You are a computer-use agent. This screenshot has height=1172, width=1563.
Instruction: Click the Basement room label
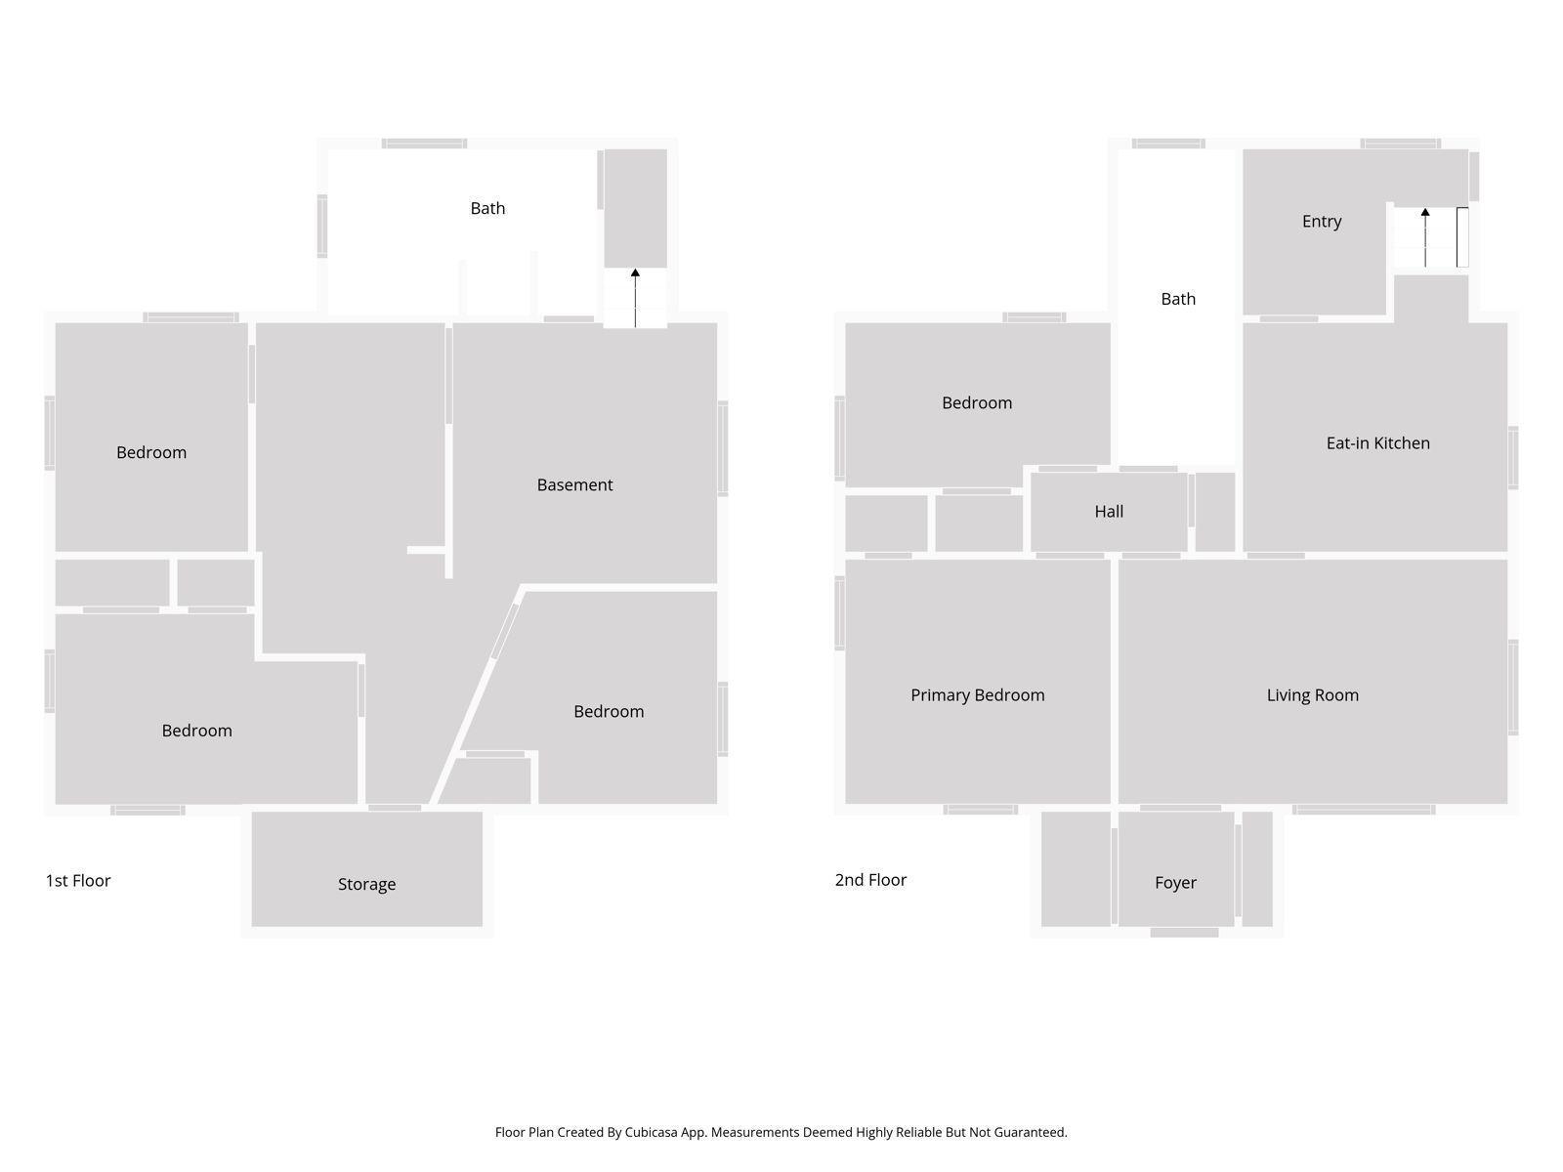pyautogui.click(x=574, y=484)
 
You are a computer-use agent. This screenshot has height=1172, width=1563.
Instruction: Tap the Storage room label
pyautogui.click(x=366, y=884)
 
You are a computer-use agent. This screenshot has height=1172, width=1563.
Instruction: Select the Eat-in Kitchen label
pyautogui.click(x=1377, y=442)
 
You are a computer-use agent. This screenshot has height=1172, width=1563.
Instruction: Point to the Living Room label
pyautogui.click(x=1312, y=694)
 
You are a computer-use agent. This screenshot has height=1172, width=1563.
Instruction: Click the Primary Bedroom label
pyautogui.click(x=977, y=694)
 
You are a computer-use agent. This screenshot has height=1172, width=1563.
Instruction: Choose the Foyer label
pyautogui.click(x=1175, y=882)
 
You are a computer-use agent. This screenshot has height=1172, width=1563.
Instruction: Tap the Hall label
pyautogui.click(x=1109, y=511)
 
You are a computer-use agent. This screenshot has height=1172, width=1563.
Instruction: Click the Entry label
pyautogui.click(x=1321, y=221)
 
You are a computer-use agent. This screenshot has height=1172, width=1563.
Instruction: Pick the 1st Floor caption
pyautogui.click(x=78, y=880)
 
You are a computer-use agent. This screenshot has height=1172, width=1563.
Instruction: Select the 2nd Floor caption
pyautogui.click(x=870, y=879)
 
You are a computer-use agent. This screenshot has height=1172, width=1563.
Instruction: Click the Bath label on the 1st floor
pyautogui.click(x=487, y=208)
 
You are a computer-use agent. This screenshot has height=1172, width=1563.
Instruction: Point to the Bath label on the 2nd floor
pyautogui.click(x=1177, y=299)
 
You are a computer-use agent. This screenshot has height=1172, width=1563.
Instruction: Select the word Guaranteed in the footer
pyautogui.click(x=1030, y=1132)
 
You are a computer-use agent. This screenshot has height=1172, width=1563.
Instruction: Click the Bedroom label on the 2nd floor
pyautogui.click(x=976, y=402)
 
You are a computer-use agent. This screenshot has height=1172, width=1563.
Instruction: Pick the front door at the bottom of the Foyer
pyautogui.click(x=1184, y=933)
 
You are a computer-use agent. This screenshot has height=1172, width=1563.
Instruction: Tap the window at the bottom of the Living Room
pyautogui.click(x=1363, y=809)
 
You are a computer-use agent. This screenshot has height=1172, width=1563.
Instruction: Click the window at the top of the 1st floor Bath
pyautogui.click(x=424, y=144)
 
